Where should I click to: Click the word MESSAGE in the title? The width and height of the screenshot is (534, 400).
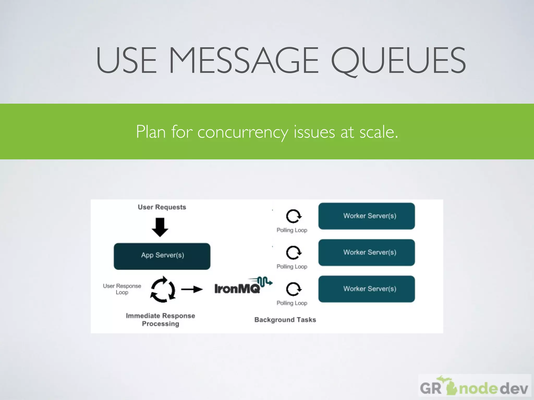(244, 60)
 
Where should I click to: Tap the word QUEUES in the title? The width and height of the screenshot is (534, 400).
(398, 60)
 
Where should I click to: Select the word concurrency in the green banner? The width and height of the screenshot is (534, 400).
(242, 132)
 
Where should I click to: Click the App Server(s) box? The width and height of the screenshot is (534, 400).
(162, 256)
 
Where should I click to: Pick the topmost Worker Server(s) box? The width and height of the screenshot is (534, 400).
(366, 216)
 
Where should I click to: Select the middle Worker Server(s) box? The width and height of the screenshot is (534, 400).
(366, 252)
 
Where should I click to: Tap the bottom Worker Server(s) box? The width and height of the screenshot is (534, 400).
(366, 289)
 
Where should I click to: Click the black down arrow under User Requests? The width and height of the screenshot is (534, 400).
(160, 227)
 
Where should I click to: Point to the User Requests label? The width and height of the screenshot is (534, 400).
(162, 207)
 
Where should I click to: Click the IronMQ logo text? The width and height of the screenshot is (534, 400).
(237, 289)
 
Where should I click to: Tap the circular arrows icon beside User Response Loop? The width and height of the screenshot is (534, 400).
(163, 289)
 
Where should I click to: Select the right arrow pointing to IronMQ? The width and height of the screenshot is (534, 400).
(192, 289)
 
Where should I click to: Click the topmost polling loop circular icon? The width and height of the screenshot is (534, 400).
(294, 216)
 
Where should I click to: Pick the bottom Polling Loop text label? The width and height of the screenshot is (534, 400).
(292, 303)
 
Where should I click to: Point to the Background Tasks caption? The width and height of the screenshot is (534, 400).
(285, 320)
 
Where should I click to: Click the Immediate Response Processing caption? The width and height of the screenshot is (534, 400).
(160, 320)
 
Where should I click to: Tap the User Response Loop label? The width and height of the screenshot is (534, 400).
(122, 289)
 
